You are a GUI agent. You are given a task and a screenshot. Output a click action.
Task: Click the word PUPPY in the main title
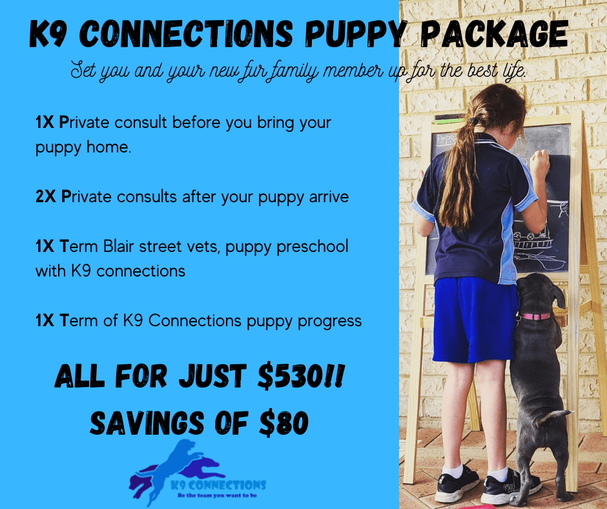(x=356, y=34)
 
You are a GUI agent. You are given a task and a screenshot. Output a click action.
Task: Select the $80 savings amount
(x=284, y=422)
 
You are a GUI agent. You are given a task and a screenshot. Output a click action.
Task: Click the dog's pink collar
(x=535, y=317)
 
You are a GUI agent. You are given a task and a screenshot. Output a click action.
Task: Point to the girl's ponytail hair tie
(x=473, y=121)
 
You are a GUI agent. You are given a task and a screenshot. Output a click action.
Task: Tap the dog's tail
(x=554, y=417)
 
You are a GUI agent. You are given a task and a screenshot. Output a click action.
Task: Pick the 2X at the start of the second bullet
(x=46, y=197)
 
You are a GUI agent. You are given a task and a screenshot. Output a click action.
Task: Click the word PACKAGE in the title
(x=495, y=34)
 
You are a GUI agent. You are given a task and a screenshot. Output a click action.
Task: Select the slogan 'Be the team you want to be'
(x=217, y=495)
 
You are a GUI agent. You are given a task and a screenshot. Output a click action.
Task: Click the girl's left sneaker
(x=457, y=483)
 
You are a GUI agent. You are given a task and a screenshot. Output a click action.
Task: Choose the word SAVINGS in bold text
(x=147, y=422)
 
